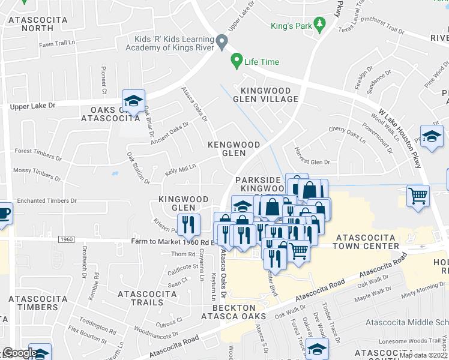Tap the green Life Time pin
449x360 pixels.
pos(237,61)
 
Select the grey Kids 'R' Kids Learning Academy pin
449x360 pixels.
pos(222,43)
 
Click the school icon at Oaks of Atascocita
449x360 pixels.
pos(133,101)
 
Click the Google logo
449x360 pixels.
pos(20,353)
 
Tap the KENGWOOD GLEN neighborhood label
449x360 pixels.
pos(234,149)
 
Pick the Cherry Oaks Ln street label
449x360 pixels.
pos(346,134)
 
